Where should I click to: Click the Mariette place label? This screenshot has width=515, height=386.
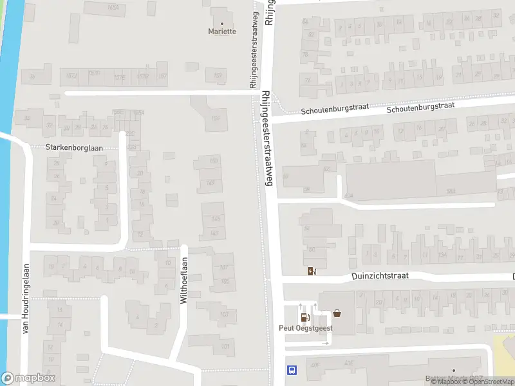[x=222, y=31]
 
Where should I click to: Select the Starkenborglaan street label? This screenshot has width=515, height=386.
[x=75, y=147]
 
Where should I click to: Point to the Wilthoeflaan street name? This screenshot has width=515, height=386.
[x=183, y=281]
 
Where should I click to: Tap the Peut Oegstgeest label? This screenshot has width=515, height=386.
[x=305, y=327]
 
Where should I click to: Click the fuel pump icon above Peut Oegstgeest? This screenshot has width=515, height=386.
[x=304, y=316]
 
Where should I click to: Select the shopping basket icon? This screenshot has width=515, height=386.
[x=337, y=315]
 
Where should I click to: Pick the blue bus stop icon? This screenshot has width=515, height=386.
[x=292, y=370]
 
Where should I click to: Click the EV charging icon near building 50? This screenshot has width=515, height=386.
[x=312, y=271]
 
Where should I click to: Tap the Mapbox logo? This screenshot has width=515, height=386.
[x=28, y=378]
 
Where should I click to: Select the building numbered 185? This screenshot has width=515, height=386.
[x=216, y=118]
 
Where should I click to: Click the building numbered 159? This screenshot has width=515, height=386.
[x=218, y=76]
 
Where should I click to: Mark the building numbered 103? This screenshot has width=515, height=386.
[x=224, y=314]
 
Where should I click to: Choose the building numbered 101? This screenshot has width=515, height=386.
[x=225, y=346]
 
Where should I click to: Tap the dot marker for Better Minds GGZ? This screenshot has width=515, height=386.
[x=453, y=371]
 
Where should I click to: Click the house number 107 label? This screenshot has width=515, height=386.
[x=223, y=267]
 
